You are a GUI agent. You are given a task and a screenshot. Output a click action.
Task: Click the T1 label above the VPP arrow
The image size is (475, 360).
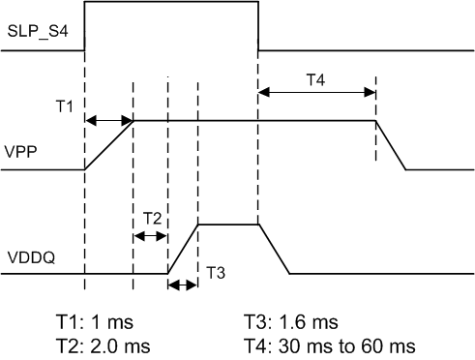63,106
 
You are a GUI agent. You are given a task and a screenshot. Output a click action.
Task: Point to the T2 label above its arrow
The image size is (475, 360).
152,219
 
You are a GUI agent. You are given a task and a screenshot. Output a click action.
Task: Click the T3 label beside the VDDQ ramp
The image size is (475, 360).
215,274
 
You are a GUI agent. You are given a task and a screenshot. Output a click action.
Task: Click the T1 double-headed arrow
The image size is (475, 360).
109,120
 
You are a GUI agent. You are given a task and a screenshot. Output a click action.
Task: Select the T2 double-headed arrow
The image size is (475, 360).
150,236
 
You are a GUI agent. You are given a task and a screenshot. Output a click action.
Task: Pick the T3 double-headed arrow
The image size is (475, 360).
182,285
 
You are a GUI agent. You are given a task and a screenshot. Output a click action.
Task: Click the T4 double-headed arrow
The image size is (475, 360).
316,93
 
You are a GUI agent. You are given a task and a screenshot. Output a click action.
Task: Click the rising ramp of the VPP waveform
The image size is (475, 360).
109,144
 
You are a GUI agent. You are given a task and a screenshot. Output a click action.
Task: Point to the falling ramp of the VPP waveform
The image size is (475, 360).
390,144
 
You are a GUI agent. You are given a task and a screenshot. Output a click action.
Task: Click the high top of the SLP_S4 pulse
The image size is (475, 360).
171,3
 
